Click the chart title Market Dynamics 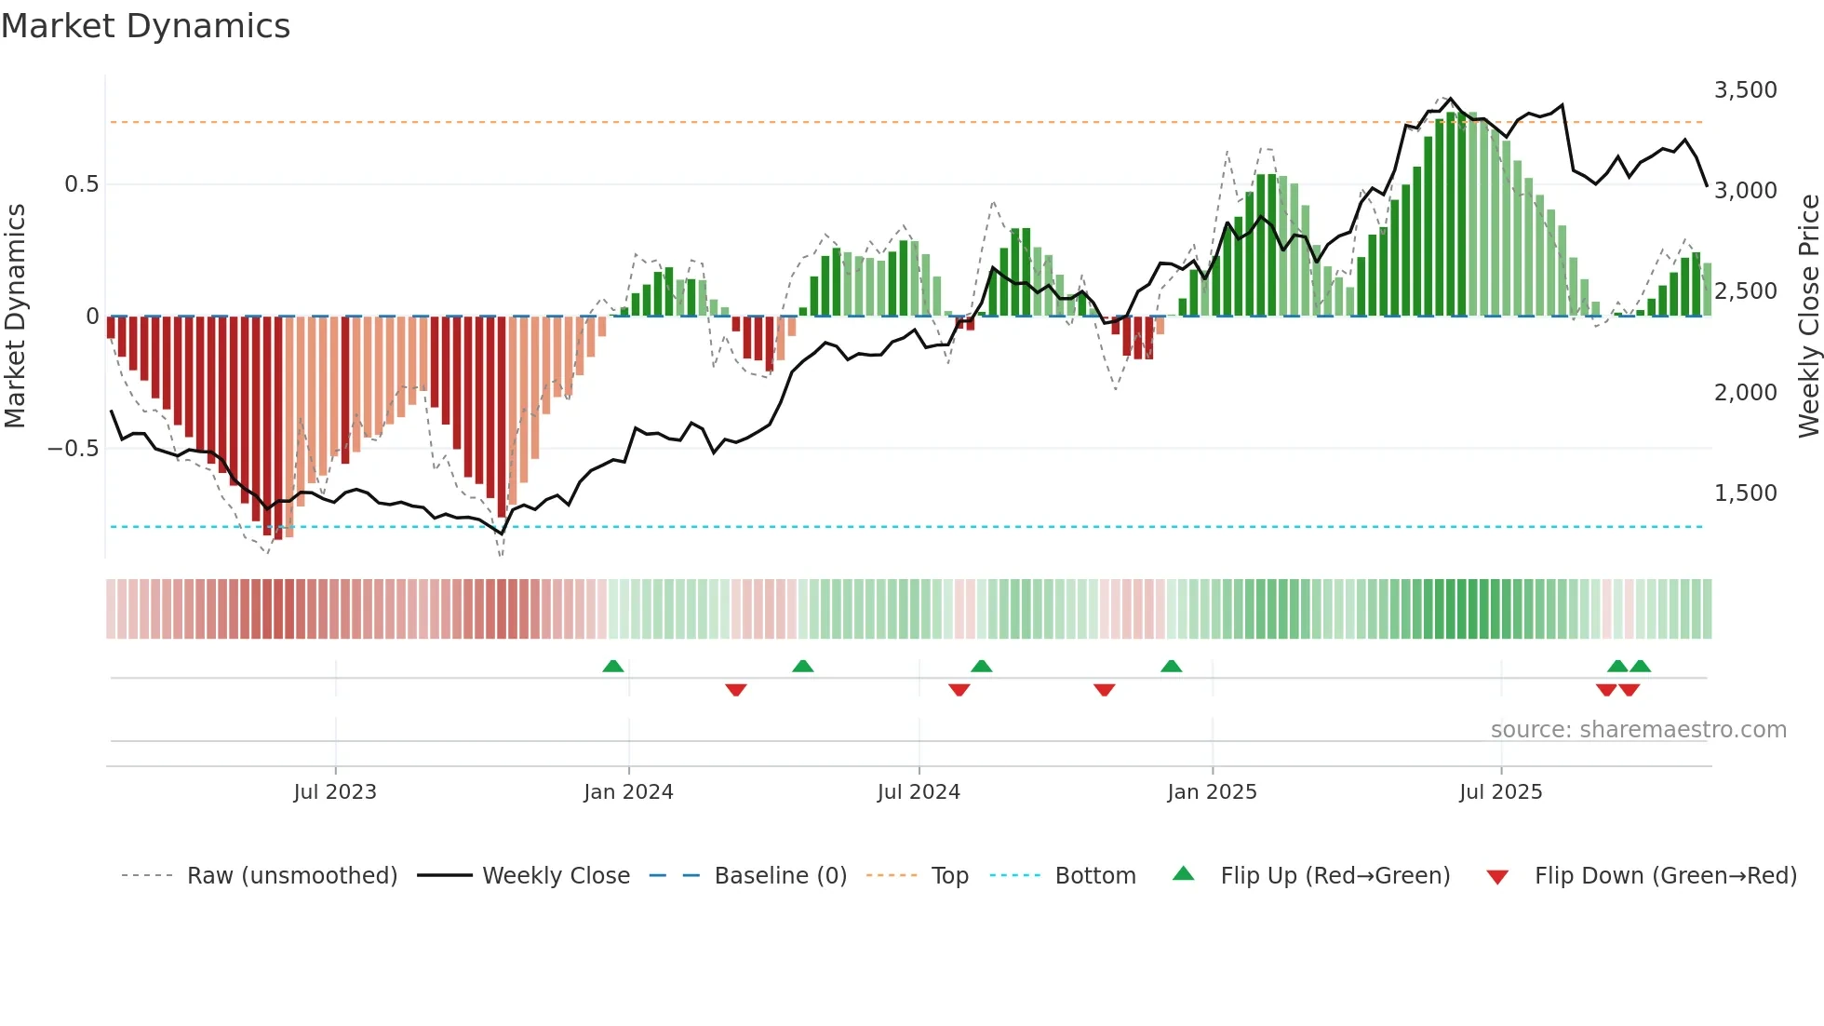(145, 26)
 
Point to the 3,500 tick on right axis (1745, 90)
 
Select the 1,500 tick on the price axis (1745, 493)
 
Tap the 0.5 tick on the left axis (81, 184)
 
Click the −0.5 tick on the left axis (74, 449)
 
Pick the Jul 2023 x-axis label (335, 792)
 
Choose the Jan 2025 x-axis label (1212, 792)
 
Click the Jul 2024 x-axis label (919, 792)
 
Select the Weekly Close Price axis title (1808, 317)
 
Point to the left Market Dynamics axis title (15, 317)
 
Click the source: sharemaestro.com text (1638, 730)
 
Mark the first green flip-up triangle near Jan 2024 (613, 667)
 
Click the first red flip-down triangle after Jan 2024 (736, 690)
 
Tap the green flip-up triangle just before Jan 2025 (1172, 667)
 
